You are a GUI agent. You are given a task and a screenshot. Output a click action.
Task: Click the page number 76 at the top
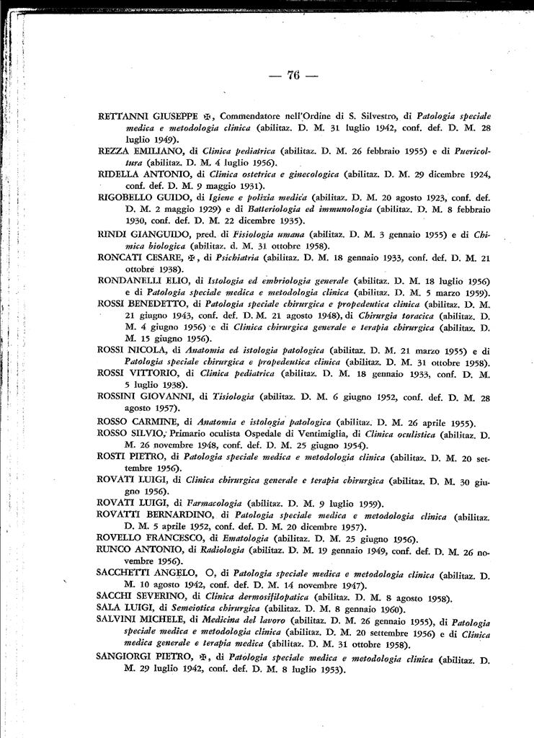293,76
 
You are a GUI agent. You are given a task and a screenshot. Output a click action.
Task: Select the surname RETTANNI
123,116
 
